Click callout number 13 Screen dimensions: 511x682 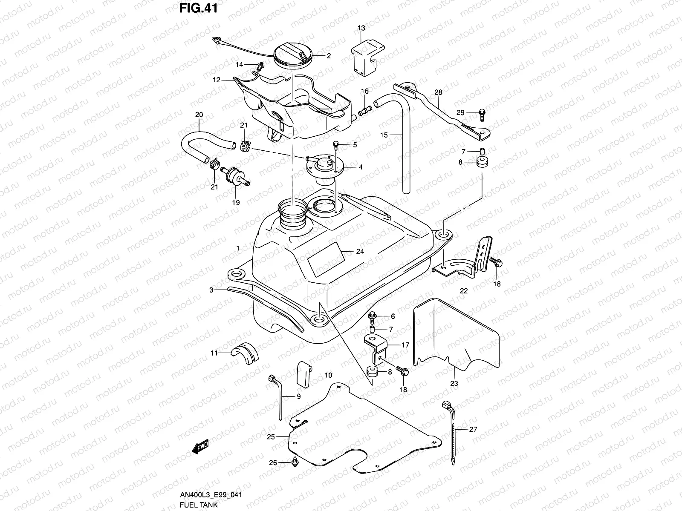[x=361, y=28]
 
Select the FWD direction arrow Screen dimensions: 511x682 [x=200, y=447]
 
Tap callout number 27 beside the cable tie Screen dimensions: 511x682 [x=473, y=430]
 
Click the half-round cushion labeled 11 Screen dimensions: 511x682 [x=245, y=351]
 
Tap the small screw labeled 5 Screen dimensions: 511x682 [x=335, y=146]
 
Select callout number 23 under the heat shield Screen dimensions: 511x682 [x=454, y=383]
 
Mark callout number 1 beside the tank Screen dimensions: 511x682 [x=239, y=247]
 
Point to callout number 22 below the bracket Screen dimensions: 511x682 [x=464, y=291]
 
